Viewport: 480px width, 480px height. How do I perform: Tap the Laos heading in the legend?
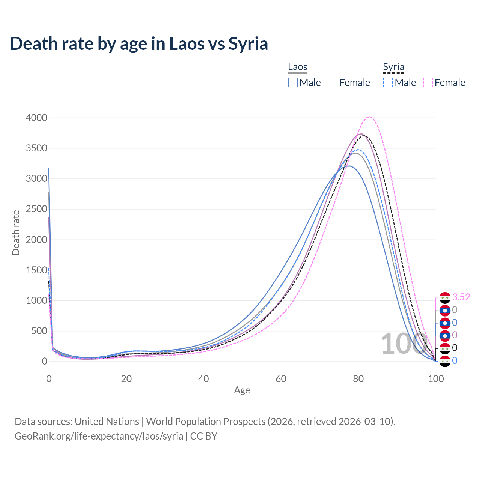tap(298, 67)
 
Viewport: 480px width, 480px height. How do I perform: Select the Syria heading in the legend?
tap(393, 67)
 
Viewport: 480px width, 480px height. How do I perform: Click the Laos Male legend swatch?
tap(293, 82)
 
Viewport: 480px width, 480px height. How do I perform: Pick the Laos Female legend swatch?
tap(333, 82)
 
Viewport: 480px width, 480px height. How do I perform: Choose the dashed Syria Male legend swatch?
tap(388, 82)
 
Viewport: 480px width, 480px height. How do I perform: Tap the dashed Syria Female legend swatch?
tap(428, 82)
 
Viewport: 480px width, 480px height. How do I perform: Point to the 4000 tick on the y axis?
tap(36, 118)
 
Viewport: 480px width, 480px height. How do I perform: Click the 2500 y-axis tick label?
tap(36, 209)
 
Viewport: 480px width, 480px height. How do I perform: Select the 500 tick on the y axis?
tap(39, 331)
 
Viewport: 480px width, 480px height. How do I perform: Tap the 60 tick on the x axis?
tap(281, 379)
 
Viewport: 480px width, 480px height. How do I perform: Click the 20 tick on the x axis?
tap(126, 379)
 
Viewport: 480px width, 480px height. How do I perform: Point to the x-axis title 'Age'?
tap(242, 390)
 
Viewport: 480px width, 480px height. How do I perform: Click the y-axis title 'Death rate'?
tap(16, 233)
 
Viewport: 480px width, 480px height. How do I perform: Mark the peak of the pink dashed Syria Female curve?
tap(369, 117)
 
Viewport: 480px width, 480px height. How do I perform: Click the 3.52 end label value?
tap(461, 297)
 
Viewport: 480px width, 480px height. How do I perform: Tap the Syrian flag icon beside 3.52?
tap(445, 298)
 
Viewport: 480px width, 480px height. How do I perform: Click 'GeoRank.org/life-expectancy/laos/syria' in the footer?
tap(99, 436)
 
